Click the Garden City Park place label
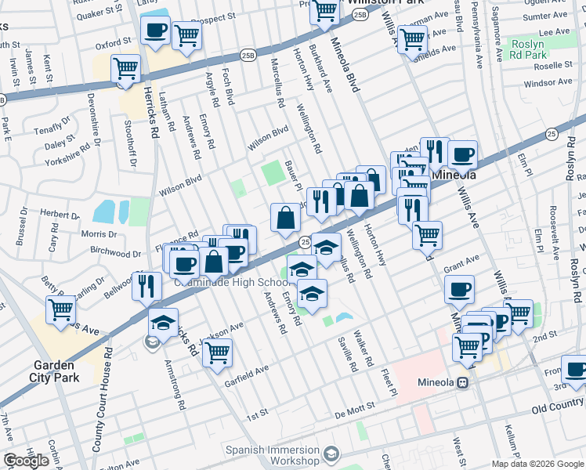click(53, 371)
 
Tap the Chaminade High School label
click(240, 282)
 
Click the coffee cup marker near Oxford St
click(155, 31)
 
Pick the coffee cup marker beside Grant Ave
click(459, 289)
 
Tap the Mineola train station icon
click(463, 383)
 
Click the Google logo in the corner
click(26, 461)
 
